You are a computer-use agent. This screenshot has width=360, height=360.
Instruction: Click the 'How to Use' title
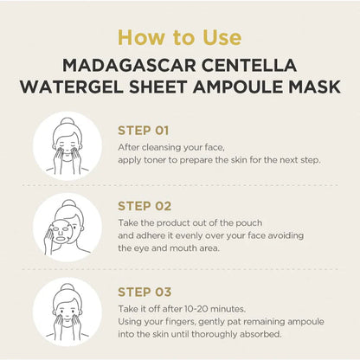179,37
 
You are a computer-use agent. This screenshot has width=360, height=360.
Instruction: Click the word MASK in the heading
311,87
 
